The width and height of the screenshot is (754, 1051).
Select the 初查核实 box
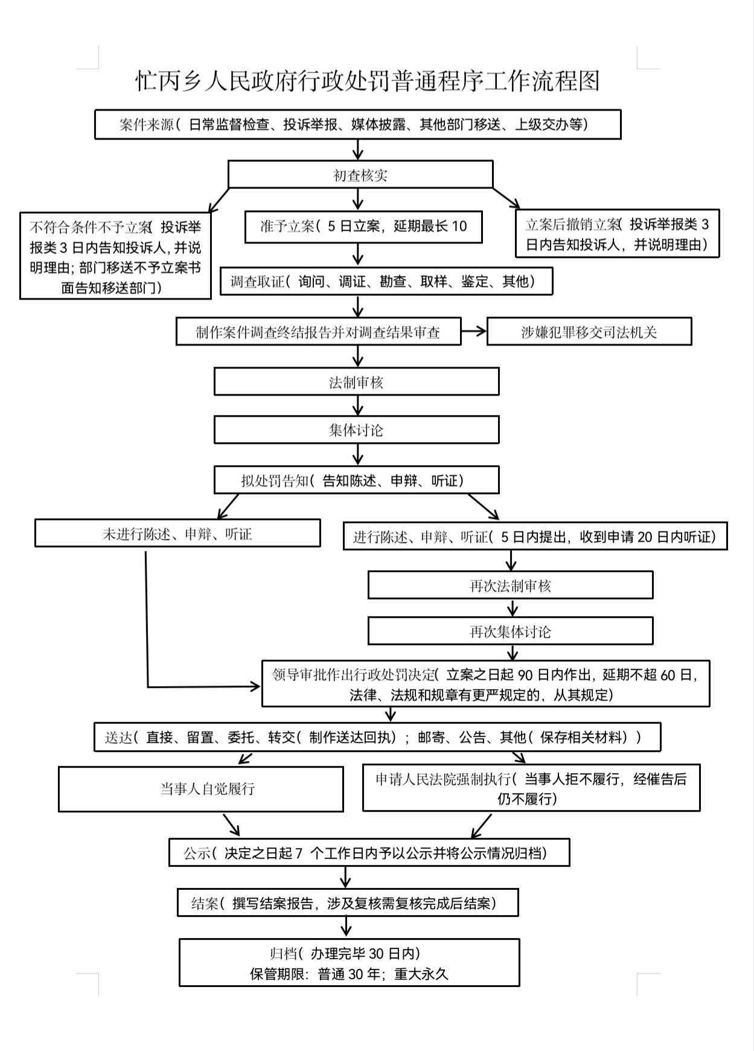point(360,175)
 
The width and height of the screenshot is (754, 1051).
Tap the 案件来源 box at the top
point(357,125)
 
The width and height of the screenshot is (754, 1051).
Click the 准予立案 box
point(363,227)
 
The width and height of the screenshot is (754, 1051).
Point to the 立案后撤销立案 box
point(617,234)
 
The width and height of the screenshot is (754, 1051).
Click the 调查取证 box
point(386,281)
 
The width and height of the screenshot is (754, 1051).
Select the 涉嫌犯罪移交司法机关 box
point(589,332)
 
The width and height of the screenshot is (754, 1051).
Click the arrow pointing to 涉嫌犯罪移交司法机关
point(474,331)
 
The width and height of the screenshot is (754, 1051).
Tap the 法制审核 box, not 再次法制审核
point(356,382)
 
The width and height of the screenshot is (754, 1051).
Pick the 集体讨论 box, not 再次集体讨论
point(356,430)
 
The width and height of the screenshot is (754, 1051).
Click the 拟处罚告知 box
point(356,481)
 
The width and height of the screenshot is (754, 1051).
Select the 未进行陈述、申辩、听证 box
point(177,534)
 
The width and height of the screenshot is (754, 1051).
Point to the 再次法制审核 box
point(510,585)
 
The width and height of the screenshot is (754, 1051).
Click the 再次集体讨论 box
point(510,632)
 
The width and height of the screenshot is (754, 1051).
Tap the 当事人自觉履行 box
point(200,789)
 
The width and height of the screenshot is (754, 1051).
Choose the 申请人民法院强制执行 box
point(531,788)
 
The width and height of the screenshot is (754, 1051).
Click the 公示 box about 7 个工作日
point(369,853)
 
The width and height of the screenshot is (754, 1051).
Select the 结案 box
point(347,903)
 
